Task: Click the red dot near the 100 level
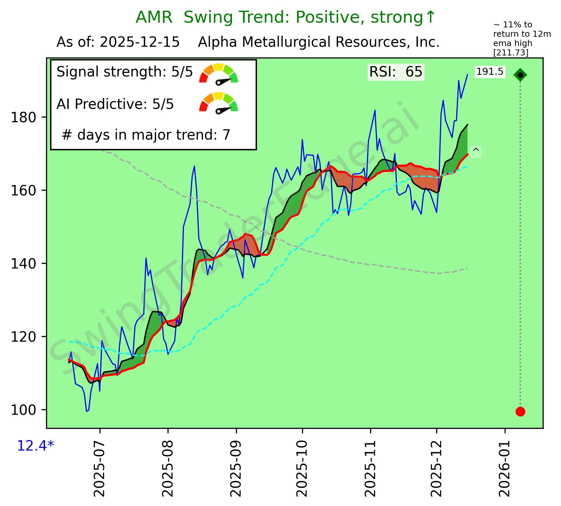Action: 520,411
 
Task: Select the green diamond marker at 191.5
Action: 520,75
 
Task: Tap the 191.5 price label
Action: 490,72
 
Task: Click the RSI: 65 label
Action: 395,72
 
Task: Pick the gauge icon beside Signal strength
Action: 218,73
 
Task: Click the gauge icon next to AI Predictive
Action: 218,103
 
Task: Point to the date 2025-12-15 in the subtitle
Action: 140,42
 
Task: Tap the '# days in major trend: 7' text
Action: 146,135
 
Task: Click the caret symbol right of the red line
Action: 476,151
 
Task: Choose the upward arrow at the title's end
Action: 431,17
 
